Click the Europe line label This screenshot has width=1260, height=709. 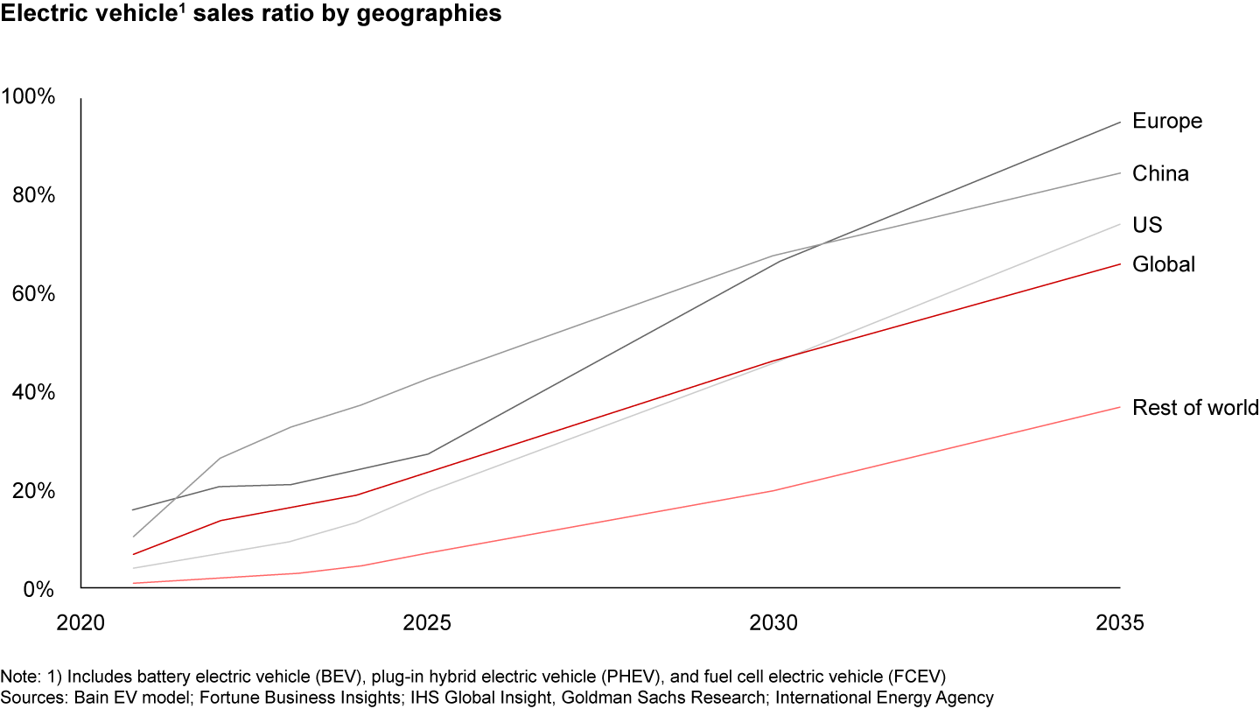tap(1166, 121)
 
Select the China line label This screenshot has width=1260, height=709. tap(1160, 173)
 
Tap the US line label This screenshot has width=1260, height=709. tap(1146, 225)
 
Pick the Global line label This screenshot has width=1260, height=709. tap(1163, 264)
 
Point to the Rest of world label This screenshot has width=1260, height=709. tap(1194, 407)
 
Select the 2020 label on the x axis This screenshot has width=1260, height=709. tap(80, 623)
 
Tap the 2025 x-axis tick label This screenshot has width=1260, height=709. tap(427, 623)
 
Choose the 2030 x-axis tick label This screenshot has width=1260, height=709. tap(773, 623)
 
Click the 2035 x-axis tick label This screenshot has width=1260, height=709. tap(1119, 623)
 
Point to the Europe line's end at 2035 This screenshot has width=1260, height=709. tap(1120, 122)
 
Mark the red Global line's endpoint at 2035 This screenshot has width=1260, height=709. tap(1120, 263)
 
